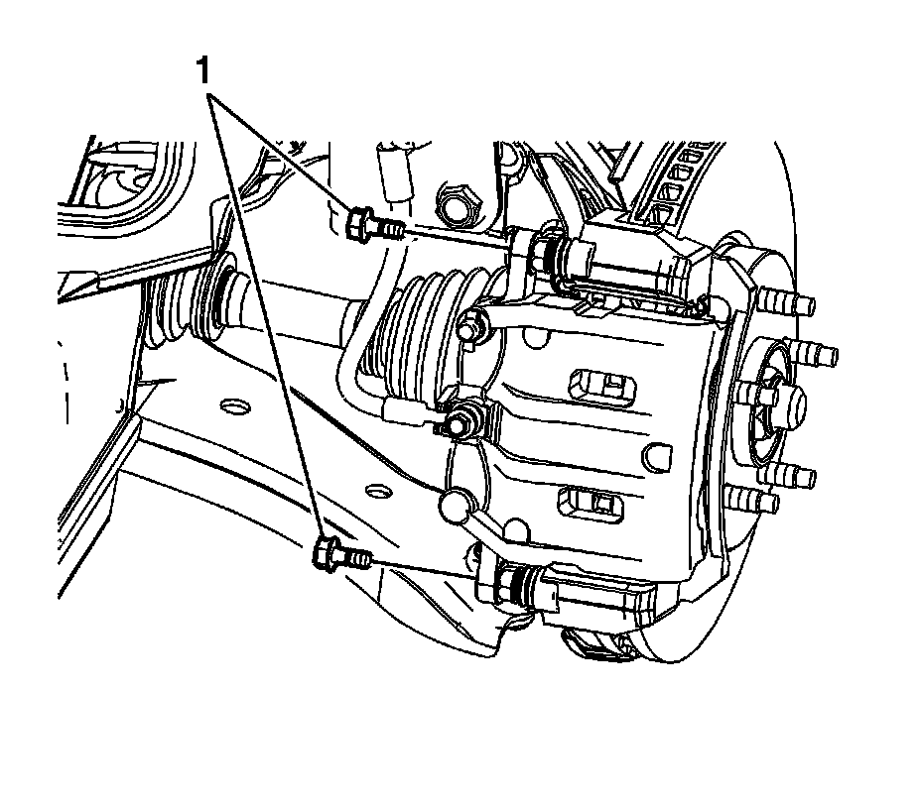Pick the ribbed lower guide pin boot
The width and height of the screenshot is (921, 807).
click(524, 584)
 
